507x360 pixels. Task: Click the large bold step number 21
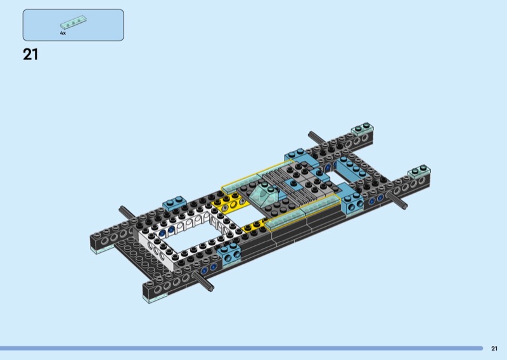30,55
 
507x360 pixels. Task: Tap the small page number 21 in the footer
494,349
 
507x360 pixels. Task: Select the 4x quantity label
63,33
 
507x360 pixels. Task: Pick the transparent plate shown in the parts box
74,22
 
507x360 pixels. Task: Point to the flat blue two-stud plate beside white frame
175,203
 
